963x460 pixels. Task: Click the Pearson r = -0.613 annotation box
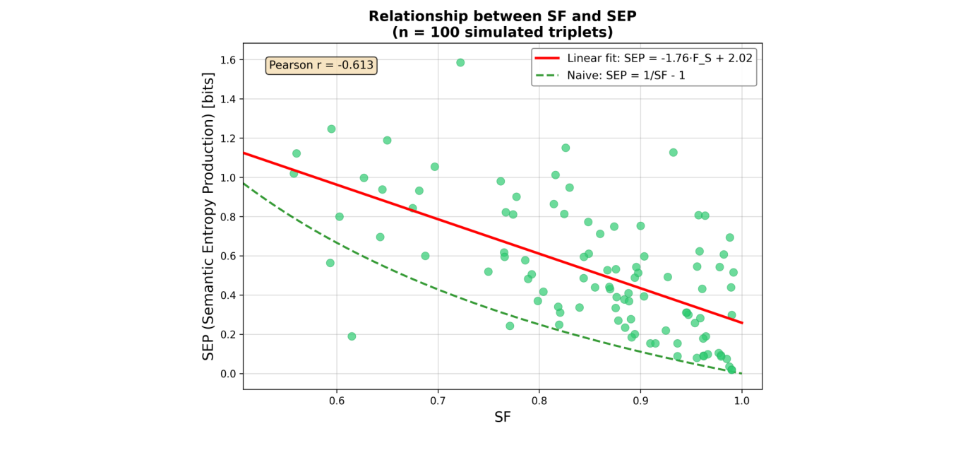(321, 66)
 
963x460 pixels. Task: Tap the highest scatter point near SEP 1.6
(460, 62)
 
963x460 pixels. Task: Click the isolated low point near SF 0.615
(352, 336)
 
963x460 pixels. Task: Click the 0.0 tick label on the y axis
(227, 374)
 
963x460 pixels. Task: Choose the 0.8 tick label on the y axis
(227, 217)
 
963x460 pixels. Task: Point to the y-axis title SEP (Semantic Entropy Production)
(209, 216)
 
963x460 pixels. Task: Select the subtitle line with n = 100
(502, 32)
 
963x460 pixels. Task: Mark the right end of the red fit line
(742, 323)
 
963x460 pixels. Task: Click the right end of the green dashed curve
(741, 374)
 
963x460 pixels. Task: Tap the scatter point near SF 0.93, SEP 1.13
(673, 153)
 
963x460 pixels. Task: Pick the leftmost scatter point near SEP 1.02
(294, 173)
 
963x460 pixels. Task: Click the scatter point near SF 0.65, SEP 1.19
(387, 140)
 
